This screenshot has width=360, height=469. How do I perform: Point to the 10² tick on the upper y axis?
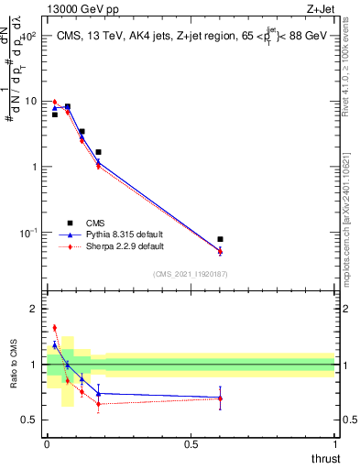28,36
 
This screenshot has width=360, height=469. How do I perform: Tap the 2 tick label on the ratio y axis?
35,310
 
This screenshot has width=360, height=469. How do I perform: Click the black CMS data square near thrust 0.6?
220,239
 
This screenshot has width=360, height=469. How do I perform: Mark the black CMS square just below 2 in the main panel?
98,152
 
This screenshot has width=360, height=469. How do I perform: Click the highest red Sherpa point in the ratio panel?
54,327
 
